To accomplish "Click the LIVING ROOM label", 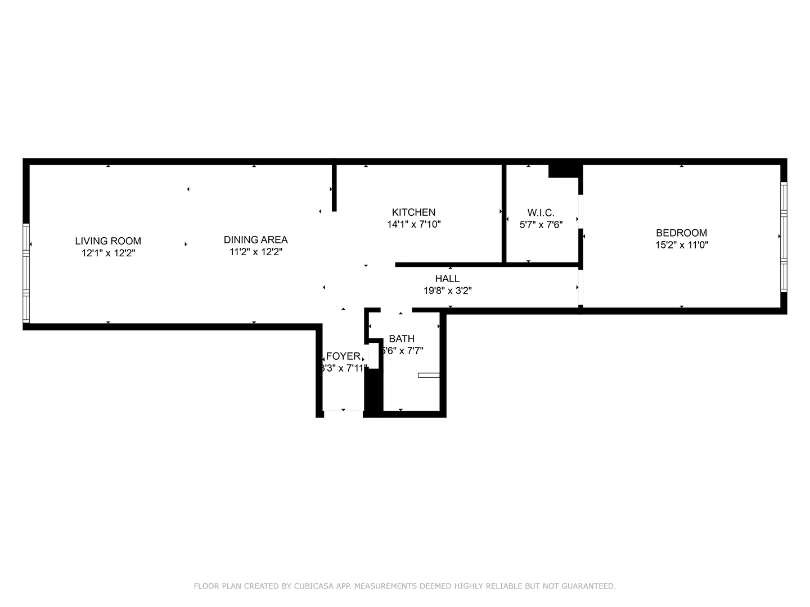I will (108, 241).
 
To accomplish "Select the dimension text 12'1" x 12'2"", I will (108, 253).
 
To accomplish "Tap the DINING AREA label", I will (255, 240).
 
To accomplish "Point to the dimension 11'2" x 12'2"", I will (255, 252).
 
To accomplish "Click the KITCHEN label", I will (413, 212).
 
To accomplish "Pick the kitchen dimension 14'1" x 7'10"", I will (413, 224).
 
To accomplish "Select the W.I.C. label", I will (541, 213).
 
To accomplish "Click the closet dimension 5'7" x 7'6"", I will (541, 224).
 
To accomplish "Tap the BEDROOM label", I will (681, 233).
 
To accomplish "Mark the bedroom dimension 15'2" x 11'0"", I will (681, 245).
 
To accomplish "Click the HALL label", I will (447, 279).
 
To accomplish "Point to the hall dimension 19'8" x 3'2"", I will (447, 291).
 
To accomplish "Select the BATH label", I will (402, 339).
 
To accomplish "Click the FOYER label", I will (343, 356).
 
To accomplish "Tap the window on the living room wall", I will (26, 273).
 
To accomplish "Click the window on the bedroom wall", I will (784, 236).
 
